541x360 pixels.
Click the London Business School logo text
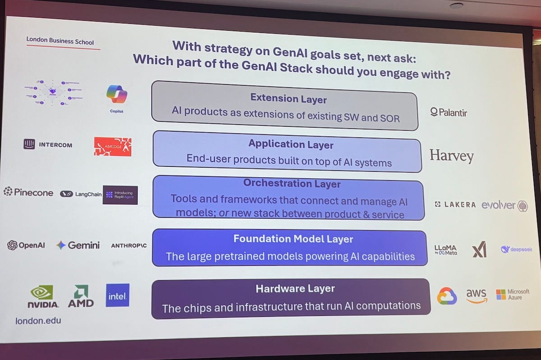tap(60, 41)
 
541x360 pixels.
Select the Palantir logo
tap(449, 112)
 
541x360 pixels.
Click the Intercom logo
tap(47, 145)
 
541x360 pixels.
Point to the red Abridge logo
tap(113, 147)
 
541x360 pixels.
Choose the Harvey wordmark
tap(451, 156)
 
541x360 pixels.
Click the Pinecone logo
tap(28, 192)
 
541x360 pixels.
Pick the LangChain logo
tap(81, 194)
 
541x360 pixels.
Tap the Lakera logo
tap(455, 205)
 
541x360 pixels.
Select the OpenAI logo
tap(26, 246)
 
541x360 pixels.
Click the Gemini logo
tap(78, 245)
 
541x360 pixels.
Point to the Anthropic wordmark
tap(128, 246)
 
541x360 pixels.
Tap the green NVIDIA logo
tap(43, 296)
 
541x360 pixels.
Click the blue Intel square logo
tap(118, 296)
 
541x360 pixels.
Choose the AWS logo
tap(477, 296)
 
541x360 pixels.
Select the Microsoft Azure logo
tap(513, 295)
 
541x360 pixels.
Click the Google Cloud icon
tap(447, 296)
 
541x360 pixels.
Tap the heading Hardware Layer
tap(295, 288)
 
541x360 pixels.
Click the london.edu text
tap(38, 321)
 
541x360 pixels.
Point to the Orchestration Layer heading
tap(292, 183)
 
